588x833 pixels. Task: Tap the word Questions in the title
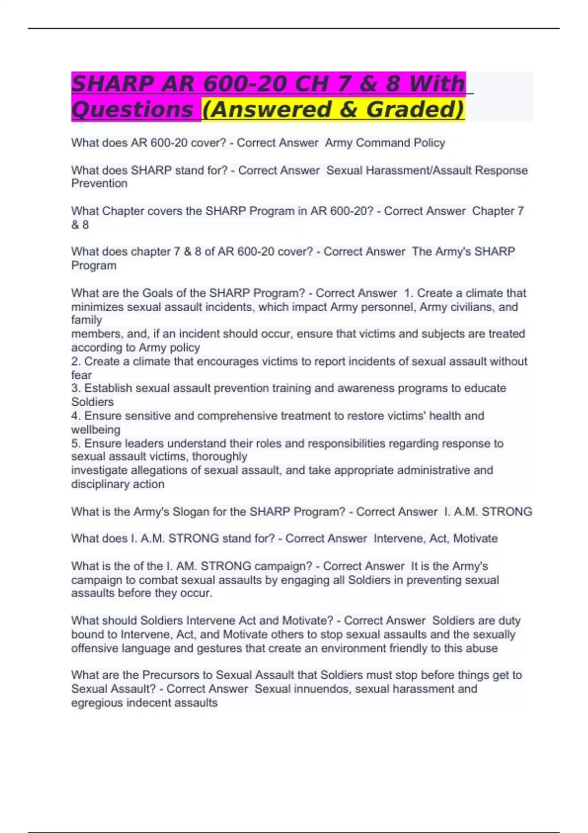click(132, 109)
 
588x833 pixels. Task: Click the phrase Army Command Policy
click(385, 143)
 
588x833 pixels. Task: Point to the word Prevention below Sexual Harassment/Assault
click(99, 184)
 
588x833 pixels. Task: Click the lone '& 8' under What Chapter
click(80, 225)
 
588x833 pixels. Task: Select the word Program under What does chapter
click(94, 266)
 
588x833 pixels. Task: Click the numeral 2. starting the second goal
click(76, 362)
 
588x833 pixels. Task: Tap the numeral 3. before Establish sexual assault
click(76, 388)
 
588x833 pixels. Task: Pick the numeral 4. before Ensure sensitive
click(76, 416)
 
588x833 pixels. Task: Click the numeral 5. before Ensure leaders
click(76, 443)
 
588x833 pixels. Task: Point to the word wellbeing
click(96, 430)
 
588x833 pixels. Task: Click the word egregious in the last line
click(97, 703)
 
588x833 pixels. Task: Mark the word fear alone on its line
click(81, 375)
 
